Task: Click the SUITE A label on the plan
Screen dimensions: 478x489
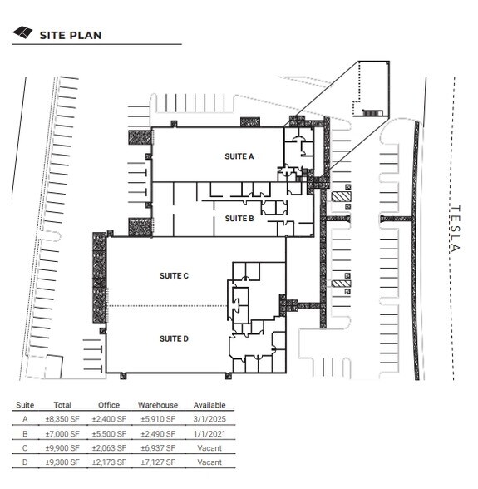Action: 239,156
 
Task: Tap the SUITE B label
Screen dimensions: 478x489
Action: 239,219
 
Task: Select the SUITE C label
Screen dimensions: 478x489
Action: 174,276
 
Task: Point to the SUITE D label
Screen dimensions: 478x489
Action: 174,338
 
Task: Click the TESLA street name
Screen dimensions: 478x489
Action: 456,228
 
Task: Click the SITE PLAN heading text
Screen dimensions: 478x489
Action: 71,35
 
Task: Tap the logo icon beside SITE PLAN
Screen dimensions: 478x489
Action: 22,32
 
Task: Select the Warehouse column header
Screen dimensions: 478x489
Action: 158,405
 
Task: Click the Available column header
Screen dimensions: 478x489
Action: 209,405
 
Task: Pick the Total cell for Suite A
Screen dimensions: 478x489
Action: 62,419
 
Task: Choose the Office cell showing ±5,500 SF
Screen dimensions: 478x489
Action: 109,434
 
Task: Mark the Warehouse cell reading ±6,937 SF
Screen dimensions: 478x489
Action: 158,448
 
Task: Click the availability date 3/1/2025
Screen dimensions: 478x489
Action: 209,419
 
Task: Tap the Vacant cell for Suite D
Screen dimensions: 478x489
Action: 209,462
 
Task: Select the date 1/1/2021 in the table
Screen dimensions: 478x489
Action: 209,434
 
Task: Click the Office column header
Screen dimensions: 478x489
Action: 109,405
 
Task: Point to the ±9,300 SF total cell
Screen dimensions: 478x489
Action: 62,462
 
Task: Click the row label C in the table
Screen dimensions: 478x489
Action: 25,448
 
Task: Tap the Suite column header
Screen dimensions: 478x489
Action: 25,405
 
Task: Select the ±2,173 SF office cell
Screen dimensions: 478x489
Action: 109,462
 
